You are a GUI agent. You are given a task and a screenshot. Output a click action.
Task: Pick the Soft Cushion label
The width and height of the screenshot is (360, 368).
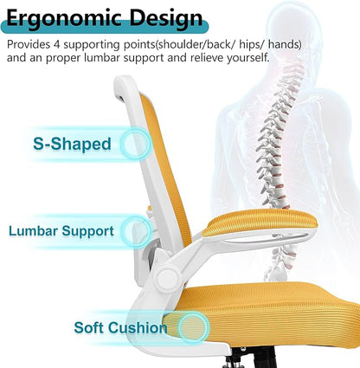(x=121, y=328)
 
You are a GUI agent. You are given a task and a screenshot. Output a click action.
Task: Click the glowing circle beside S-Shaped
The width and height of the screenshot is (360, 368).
(x=135, y=143)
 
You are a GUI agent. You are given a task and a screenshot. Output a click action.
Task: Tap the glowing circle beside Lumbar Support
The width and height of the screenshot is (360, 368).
(x=137, y=231)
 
